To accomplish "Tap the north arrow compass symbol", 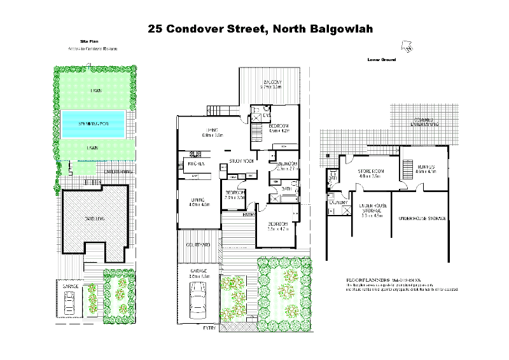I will [x=405, y=46].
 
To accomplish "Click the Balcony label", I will [x=272, y=84].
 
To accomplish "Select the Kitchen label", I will [x=195, y=164].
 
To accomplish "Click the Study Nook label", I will [x=242, y=161].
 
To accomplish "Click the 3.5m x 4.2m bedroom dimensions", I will [x=278, y=229].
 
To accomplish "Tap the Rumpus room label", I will [x=424, y=166].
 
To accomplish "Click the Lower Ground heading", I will [x=382, y=59].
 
